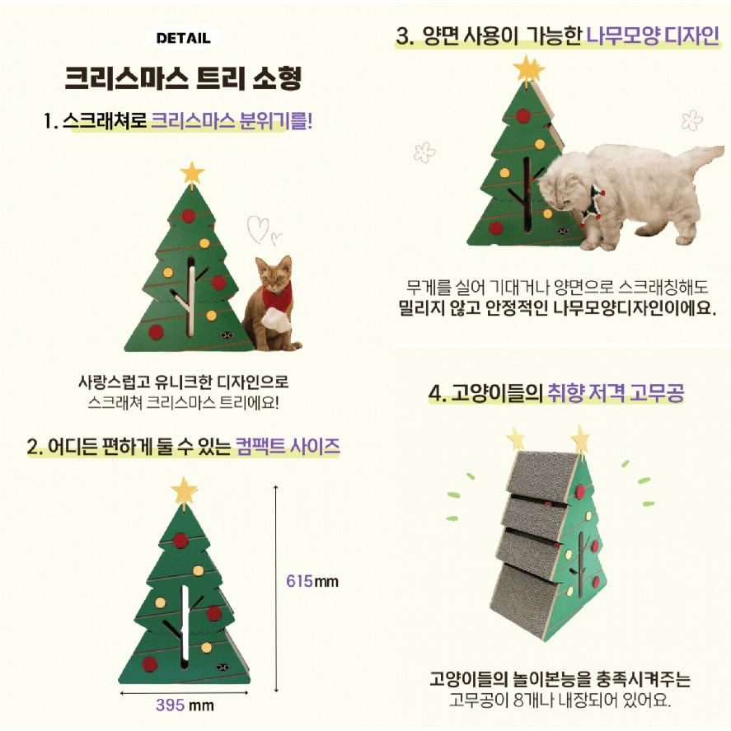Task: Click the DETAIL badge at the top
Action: point(183,38)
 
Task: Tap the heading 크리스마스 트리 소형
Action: point(183,77)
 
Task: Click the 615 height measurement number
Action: point(299,581)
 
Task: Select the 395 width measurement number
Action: point(170,705)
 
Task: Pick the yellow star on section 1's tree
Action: point(191,173)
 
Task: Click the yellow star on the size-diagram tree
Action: point(184,490)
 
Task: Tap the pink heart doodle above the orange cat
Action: point(262,229)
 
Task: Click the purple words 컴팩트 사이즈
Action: point(288,447)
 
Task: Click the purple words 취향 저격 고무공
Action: point(616,393)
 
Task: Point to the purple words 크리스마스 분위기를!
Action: point(232,121)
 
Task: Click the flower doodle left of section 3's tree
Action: point(424,152)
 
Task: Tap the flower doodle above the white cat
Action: point(691,119)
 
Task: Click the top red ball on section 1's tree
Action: point(189,216)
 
